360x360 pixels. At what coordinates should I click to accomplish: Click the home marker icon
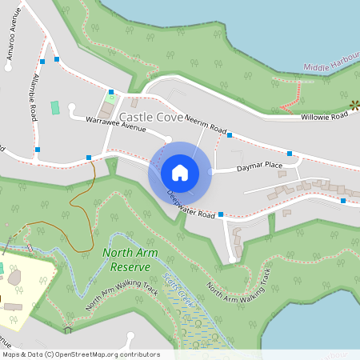click(179, 173)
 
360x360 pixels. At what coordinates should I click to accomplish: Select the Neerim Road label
click(206, 122)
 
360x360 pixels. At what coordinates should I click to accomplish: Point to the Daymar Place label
click(259, 166)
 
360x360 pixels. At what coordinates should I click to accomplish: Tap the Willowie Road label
click(324, 117)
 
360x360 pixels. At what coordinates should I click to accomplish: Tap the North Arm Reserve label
click(128, 261)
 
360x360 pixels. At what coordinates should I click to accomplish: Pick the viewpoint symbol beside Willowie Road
click(354, 104)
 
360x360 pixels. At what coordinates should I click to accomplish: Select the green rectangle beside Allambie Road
click(55, 107)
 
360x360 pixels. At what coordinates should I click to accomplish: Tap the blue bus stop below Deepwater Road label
click(220, 215)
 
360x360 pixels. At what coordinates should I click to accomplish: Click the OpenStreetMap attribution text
click(81, 354)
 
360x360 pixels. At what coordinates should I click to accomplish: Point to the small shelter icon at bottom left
click(68, 329)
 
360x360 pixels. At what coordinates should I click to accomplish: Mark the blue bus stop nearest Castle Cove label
click(111, 92)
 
